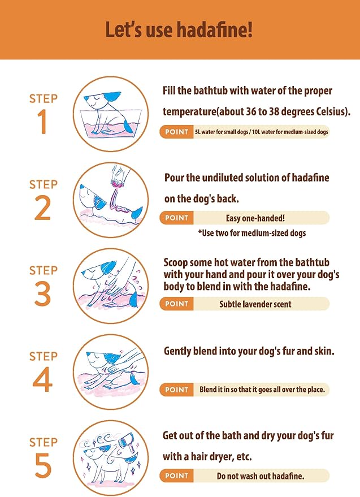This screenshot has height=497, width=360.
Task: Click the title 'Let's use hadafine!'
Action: (179, 29)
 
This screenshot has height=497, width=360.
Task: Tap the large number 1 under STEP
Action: (42, 122)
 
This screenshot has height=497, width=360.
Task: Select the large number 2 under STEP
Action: (42, 208)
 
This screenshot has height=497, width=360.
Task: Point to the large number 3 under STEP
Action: (42, 294)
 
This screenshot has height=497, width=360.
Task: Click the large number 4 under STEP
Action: (42, 380)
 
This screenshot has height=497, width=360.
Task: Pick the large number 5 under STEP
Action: (43, 466)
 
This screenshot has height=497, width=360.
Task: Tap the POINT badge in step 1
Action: (176, 132)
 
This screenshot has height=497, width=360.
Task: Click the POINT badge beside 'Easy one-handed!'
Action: (176, 218)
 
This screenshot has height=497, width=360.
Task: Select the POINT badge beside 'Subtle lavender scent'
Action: (176, 304)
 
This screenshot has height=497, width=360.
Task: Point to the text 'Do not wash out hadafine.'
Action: (261, 476)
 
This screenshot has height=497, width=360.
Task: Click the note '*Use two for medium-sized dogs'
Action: (252, 234)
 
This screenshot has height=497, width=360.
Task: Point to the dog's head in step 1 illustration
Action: (101, 100)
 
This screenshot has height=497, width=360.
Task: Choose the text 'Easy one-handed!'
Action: (255, 218)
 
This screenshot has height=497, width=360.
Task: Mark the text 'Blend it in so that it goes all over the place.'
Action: (262, 390)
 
